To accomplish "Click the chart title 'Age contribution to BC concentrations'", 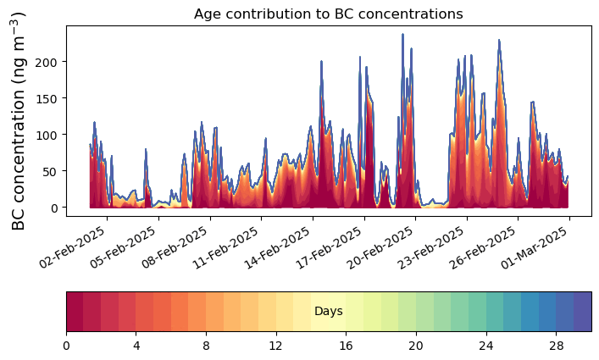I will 329,14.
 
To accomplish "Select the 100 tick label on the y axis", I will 50,135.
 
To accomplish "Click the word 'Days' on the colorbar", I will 329,312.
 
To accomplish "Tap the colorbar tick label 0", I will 66,345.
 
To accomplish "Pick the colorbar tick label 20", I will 416,345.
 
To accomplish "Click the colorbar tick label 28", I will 556,345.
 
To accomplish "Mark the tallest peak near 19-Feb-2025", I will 402,35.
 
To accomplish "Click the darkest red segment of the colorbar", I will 75,312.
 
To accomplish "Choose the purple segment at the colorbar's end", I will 583,312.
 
